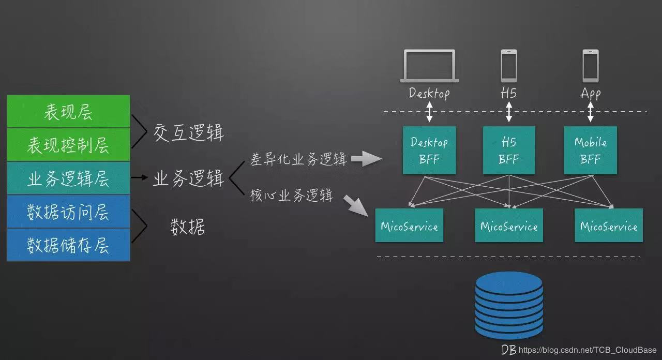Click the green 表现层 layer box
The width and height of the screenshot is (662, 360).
[x=68, y=112]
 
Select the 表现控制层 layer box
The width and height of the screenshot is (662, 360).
[x=68, y=145]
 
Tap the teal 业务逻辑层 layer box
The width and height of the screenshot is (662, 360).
[x=68, y=178]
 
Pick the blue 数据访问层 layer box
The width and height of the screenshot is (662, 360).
[x=68, y=212]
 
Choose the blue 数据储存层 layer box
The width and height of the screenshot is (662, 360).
[x=68, y=245]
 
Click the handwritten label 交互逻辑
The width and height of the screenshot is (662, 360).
[x=189, y=133]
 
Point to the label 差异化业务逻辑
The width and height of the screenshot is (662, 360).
[x=298, y=159]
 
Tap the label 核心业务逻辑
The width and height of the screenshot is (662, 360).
[x=292, y=196]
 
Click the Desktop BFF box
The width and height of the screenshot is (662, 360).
[x=429, y=150]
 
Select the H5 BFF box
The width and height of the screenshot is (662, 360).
[x=509, y=150]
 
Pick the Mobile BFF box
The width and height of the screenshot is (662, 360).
[x=590, y=150]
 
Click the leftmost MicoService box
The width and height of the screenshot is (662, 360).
[x=409, y=226]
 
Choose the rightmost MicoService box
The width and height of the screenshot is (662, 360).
[x=609, y=226]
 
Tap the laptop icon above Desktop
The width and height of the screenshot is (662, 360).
[x=429, y=66]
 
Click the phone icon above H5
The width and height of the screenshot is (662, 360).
[x=509, y=66]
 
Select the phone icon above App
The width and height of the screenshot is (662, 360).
[x=590, y=66]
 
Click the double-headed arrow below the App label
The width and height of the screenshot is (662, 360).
[x=590, y=111]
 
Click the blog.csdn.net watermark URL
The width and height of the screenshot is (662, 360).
[x=587, y=350]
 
